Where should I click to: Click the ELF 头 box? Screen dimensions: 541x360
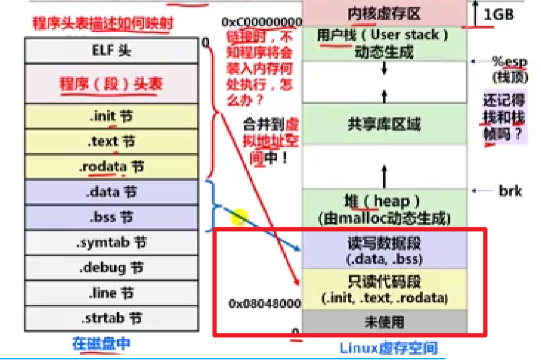111,50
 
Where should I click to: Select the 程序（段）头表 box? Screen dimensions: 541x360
111,84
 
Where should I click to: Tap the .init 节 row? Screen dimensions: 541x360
111,116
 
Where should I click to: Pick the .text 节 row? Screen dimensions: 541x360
111,141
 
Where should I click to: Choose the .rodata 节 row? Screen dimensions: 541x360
111,167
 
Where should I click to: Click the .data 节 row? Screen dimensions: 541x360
111,192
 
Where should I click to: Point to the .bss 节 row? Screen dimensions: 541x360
111,217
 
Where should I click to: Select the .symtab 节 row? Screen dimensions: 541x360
111,242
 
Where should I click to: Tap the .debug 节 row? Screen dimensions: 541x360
111,267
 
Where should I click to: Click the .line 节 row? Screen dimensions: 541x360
111,293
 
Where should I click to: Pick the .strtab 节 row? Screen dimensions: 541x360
111,318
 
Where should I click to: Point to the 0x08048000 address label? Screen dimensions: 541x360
264,303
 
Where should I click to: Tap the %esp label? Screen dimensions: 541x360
509,62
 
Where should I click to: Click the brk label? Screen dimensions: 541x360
510,191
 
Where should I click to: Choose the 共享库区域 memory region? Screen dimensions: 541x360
384,124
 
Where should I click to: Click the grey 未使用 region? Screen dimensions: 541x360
384,321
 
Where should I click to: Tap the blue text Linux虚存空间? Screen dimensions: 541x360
388,348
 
